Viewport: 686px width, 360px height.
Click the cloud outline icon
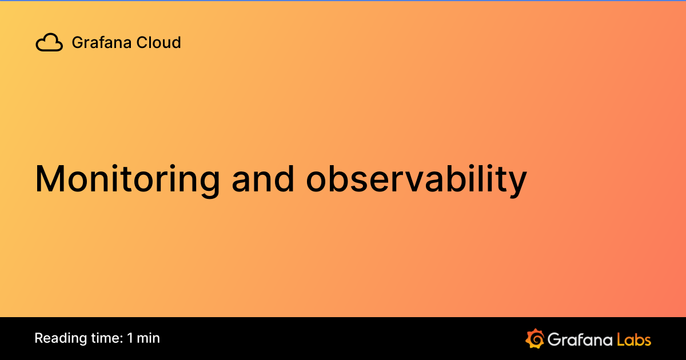(49, 43)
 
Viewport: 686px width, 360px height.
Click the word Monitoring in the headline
(127, 178)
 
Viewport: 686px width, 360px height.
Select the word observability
(416, 178)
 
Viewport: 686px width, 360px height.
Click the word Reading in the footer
(57, 338)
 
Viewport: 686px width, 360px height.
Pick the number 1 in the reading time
(130, 338)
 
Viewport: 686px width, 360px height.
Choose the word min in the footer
(149, 338)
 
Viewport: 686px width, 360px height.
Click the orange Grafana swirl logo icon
(534, 338)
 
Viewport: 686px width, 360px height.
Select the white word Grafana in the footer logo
(580, 339)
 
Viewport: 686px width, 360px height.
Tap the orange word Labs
(634, 339)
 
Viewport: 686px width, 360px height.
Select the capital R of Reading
(39, 338)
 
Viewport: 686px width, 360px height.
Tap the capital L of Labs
(620, 339)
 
